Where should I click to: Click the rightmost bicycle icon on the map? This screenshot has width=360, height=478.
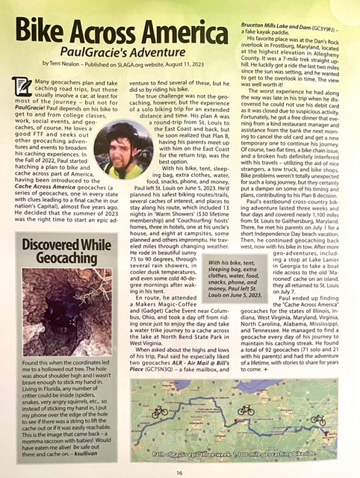pos(318,419)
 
